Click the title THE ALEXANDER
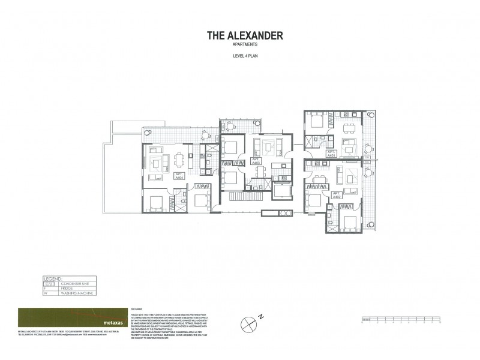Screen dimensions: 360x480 pos(245,35)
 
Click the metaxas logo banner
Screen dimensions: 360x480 pos(73,317)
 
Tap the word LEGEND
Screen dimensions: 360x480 pos(54,279)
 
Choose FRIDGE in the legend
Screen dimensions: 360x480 pos(70,289)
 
